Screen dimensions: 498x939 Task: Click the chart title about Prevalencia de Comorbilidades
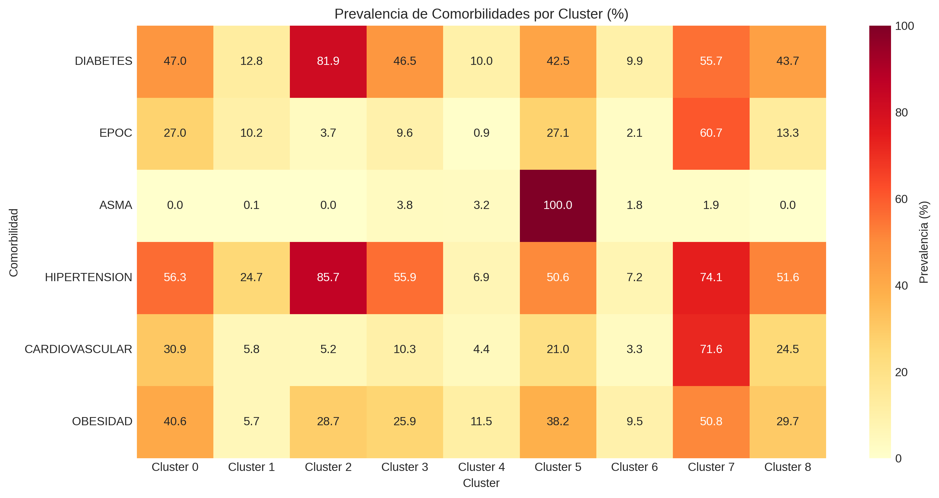481,14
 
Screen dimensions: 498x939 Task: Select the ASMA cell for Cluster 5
558,205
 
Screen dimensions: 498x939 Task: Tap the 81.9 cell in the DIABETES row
328,61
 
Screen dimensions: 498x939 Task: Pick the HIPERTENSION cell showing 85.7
328,277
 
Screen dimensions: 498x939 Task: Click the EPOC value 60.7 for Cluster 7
711,133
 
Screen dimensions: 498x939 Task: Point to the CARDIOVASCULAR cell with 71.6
711,349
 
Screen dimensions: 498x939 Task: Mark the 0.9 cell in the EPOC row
481,133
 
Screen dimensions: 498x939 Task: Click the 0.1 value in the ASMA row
251,205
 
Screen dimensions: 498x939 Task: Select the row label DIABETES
104,61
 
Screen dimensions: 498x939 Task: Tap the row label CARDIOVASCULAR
78,349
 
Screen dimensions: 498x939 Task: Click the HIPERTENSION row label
89,277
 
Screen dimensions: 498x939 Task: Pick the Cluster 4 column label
481,467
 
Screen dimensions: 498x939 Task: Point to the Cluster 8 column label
787,467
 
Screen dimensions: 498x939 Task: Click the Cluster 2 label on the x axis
328,467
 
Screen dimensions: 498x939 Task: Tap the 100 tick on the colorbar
904,26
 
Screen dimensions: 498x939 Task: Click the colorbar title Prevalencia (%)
924,242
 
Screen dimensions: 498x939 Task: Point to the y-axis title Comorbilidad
14,242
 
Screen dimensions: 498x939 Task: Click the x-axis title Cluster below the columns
481,483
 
